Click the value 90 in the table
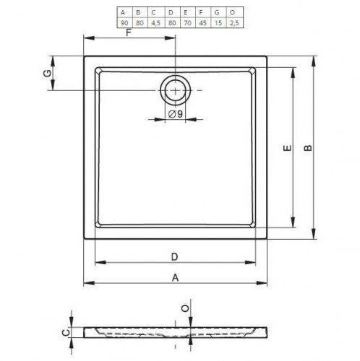click(x=124, y=23)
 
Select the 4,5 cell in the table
click(x=155, y=23)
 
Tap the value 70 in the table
click(x=187, y=23)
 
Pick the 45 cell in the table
click(x=203, y=23)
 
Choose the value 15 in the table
click(x=218, y=23)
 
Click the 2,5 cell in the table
click(x=234, y=23)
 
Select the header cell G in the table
click(x=217, y=12)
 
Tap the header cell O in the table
click(x=232, y=12)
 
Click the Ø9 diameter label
click(x=176, y=113)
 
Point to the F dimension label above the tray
click(x=129, y=32)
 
